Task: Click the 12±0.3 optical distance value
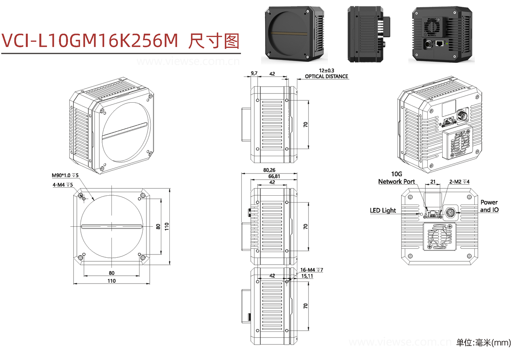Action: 326,70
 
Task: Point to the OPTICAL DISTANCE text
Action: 326,76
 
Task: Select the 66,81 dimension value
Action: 272,176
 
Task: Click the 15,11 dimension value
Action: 307,276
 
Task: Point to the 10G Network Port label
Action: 396,178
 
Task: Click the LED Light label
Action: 383,210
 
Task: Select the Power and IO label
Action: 489,206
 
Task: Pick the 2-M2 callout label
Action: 459,182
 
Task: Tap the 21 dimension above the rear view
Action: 433,182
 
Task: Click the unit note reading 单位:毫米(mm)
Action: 483,343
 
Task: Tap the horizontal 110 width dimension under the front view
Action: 111,281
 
